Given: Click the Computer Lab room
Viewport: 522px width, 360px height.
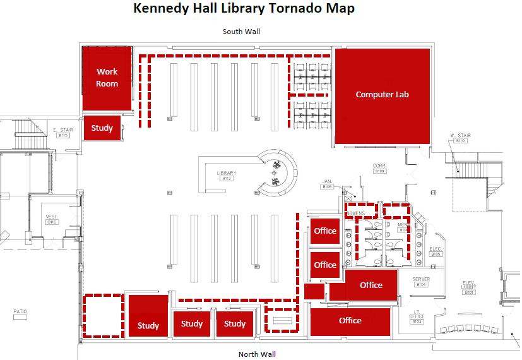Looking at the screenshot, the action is tap(383, 95).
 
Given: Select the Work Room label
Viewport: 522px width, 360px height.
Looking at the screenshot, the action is tap(107, 78).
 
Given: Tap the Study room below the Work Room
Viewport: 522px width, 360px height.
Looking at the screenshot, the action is tap(102, 128).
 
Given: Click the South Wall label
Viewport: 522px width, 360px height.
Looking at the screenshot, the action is tap(241, 32).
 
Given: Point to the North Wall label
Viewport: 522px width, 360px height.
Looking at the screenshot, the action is tap(257, 354).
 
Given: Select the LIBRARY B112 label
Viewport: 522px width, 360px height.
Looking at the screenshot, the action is tap(226, 176).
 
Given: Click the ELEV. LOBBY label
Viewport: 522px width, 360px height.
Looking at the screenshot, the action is tap(468, 286).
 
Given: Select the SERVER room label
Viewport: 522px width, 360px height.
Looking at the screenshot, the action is tap(421, 282).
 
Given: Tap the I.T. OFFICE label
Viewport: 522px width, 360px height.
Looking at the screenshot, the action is tap(417, 318).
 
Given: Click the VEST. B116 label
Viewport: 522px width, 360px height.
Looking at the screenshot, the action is tap(52, 219).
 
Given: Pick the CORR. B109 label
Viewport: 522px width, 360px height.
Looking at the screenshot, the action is tap(379, 168).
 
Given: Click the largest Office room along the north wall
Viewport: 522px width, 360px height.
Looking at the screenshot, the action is tap(350, 321).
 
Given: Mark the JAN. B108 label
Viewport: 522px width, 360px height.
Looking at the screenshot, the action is tap(327, 184).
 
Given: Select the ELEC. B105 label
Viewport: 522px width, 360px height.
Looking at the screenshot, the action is tap(436, 251).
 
